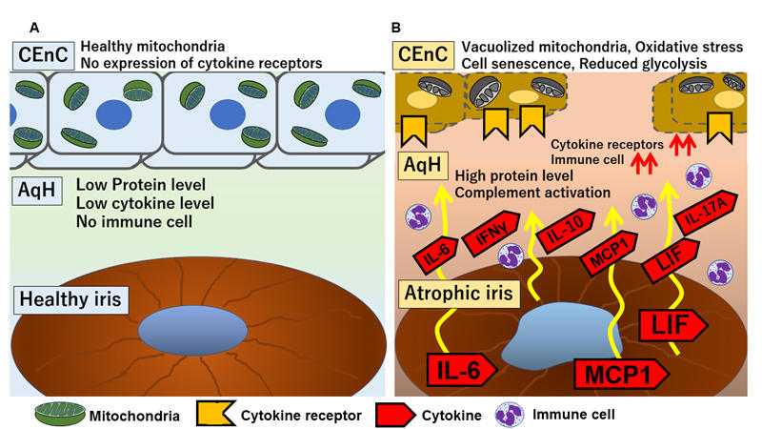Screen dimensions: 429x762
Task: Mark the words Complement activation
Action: click(x=532, y=194)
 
